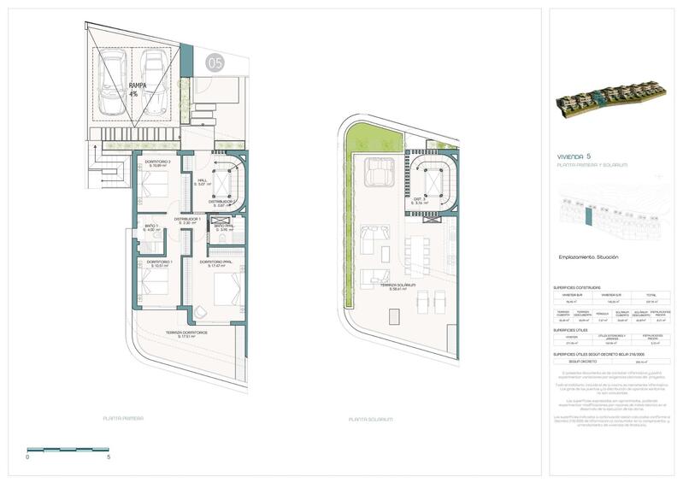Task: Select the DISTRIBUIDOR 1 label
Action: coord(187,221)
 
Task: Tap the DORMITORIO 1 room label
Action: coord(160,263)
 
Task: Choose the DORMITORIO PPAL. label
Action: coord(217,263)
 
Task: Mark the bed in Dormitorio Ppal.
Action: coord(225,295)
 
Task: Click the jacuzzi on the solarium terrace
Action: coord(376,174)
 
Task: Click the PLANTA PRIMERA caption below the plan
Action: coord(125,419)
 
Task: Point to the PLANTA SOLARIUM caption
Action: coord(371,419)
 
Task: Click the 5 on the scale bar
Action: coord(109,457)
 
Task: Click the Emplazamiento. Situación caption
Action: coord(589,257)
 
